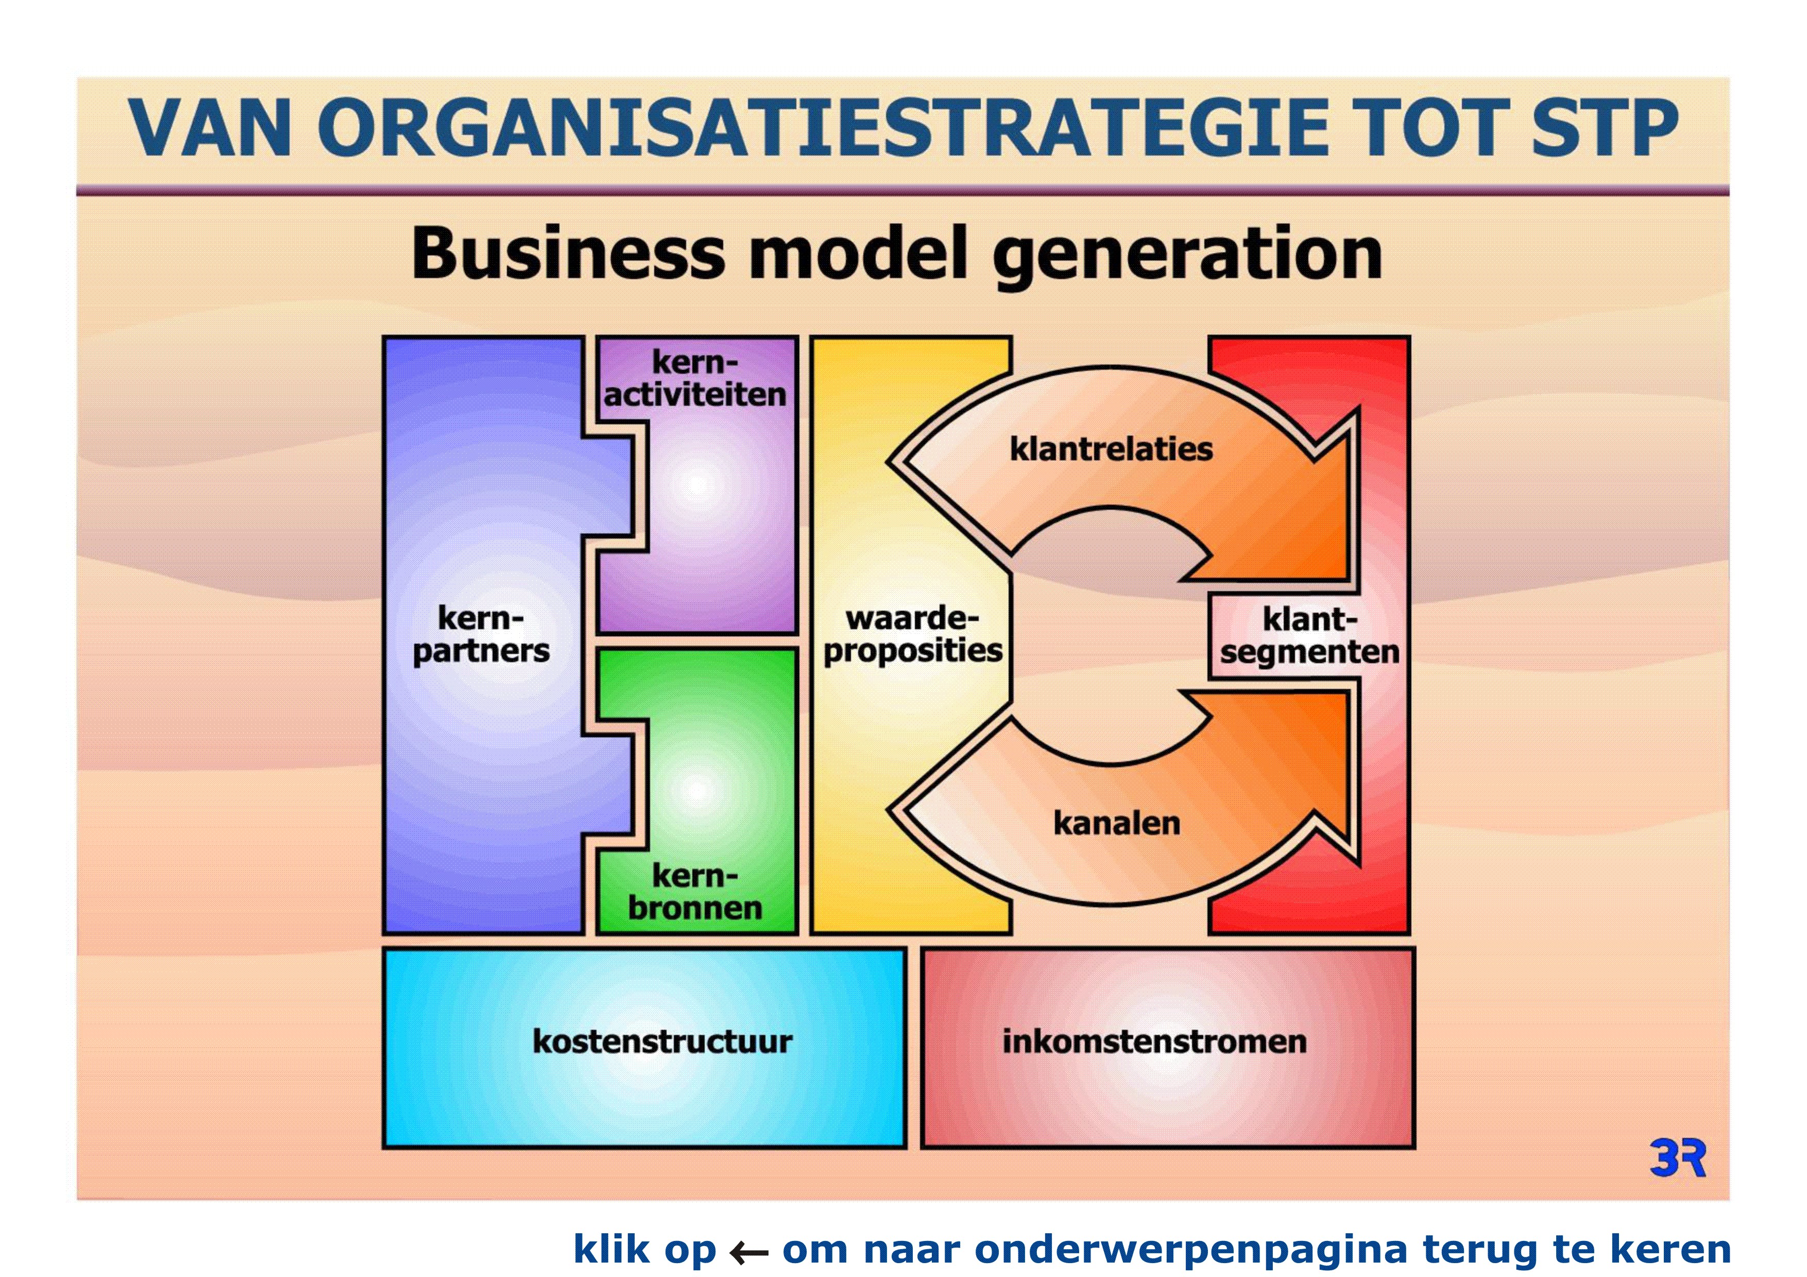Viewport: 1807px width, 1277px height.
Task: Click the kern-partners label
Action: (x=481, y=635)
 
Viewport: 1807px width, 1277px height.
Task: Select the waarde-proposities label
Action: (x=913, y=635)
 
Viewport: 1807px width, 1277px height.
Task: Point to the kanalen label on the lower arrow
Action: (x=1117, y=823)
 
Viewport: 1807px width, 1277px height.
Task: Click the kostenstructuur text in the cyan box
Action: (x=662, y=1041)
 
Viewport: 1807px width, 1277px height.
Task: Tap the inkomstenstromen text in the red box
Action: (x=1154, y=1041)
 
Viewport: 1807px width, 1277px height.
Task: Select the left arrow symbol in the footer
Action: (x=748, y=1252)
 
